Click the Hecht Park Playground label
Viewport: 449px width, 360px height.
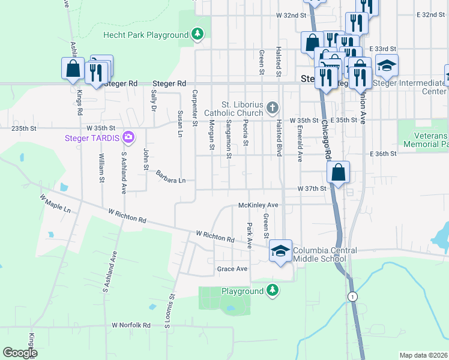pos(146,35)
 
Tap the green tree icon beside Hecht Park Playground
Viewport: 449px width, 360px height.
pos(197,35)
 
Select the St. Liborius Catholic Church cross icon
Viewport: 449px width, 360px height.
pos(273,108)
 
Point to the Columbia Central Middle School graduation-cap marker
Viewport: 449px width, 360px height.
pos(280,251)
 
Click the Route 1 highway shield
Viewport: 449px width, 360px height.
pos(351,297)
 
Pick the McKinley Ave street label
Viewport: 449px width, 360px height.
pos(258,205)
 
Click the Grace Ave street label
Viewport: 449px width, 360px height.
pos(232,269)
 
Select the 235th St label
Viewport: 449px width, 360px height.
pos(24,128)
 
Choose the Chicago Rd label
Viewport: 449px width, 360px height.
pos(327,137)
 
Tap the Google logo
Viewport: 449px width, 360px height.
pos(20,352)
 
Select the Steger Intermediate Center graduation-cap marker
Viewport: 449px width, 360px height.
pos(387,65)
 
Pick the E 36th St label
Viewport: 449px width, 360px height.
pos(383,154)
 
